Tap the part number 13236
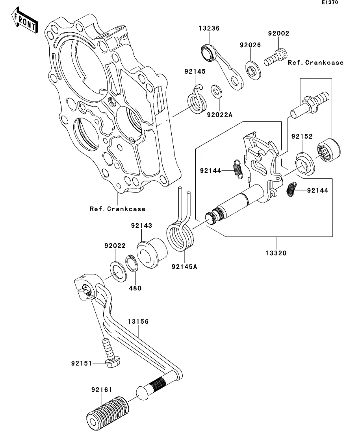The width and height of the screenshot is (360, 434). (209, 29)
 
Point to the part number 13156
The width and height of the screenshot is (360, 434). (137, 321)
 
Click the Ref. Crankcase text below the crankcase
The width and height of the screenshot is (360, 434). (117, 209)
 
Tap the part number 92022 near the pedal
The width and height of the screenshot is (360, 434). (115, 246)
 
